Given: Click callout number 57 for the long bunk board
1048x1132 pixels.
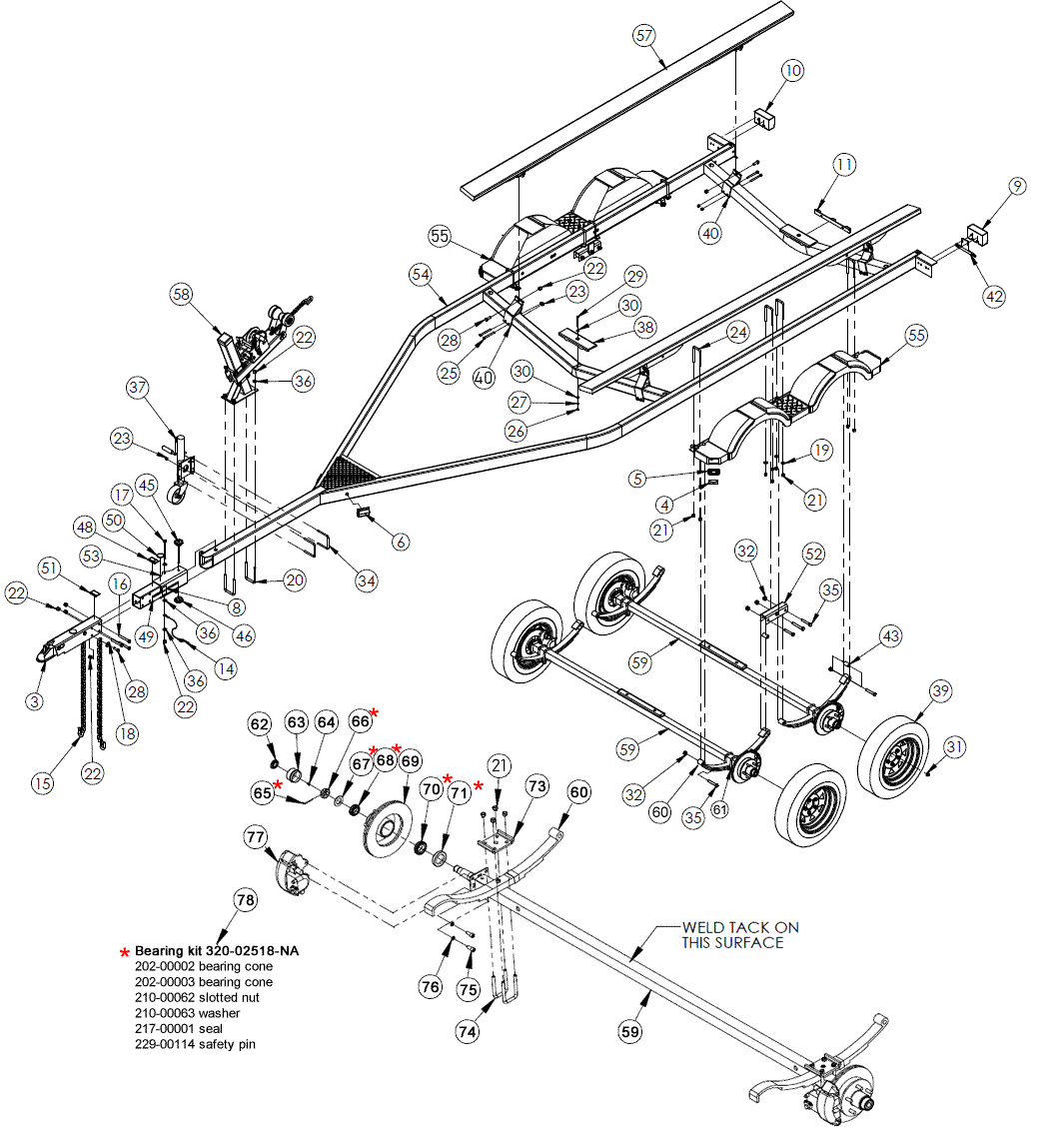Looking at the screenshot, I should tap(644, 35).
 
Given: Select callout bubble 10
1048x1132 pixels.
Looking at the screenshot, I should tap(792, 71).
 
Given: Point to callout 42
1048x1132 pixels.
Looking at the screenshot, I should tap(993, 296).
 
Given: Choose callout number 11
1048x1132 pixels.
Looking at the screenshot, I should tap(845, 165).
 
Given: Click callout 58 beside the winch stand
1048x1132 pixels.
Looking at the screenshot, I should tap(181, 295).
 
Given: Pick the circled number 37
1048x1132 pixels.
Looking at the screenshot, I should tap(138, 388).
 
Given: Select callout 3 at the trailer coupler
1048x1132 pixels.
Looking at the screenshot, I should tap(35, 701).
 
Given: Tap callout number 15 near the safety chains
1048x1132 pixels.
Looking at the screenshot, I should tap(41, 784).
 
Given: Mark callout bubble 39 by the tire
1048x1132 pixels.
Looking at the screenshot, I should tap(940, 692).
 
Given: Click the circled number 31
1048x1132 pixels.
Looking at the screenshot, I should tap(955, 746).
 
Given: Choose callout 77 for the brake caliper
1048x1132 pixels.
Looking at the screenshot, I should tap(255, 835).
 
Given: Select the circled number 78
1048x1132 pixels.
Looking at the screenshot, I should tap(245, 900).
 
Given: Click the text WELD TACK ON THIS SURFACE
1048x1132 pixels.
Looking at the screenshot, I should tap(739, 935).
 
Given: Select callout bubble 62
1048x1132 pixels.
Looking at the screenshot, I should tap(261, 723).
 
